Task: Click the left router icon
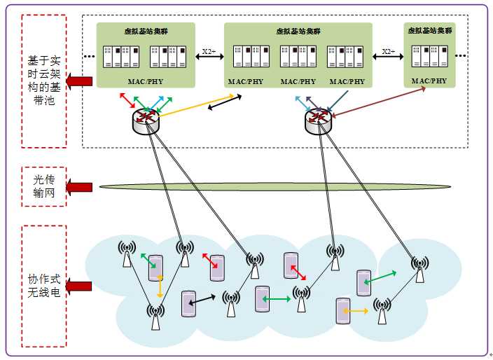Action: [146, 121]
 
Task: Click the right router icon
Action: [318, 121]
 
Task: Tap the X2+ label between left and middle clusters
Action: [209, 51]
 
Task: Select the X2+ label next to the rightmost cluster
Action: [389, 51]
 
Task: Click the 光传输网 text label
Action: [44, 186]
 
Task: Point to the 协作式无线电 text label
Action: [44, 286]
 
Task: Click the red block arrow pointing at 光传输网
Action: [79, 187]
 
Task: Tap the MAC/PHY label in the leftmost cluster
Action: [146, 82]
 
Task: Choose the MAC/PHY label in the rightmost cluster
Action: [429, 81]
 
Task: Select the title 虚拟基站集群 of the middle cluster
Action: [298, 31]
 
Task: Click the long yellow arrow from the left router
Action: [196, 106]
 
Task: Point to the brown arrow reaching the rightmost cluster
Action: [379, 102]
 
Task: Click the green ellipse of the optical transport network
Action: [275, 186]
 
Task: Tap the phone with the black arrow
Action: [188, 304]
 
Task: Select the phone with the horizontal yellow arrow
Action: [343, 311]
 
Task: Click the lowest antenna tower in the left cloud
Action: [155, 317]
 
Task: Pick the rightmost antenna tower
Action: [419, 269]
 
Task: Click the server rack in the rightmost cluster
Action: [429, 56]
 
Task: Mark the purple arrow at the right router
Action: [314, 104]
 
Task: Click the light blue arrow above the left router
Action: [156, 103]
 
